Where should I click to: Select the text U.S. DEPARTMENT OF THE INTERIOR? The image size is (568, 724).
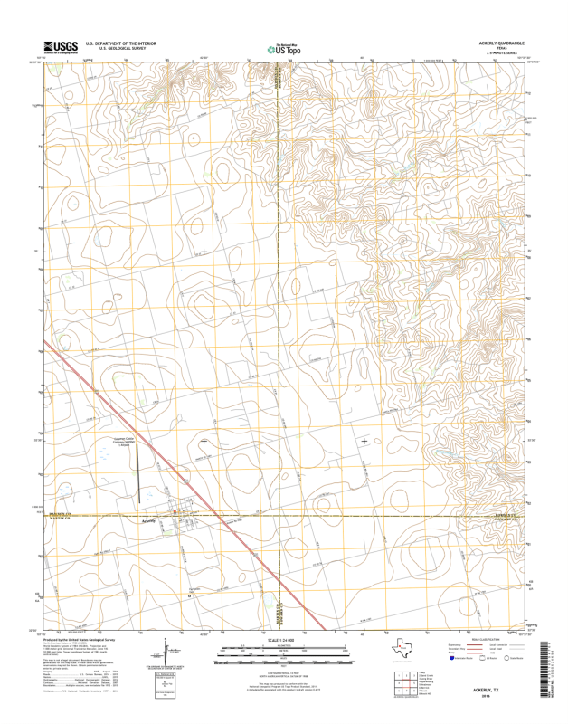click(x=119, y=43)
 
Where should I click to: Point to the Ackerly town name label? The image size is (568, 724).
click(x=150, y=521)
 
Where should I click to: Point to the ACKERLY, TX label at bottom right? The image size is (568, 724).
click(x=497, y=690)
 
